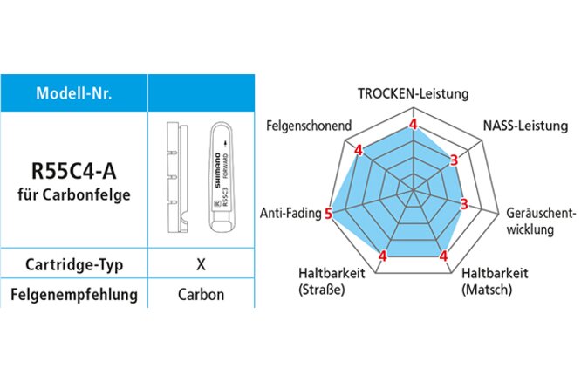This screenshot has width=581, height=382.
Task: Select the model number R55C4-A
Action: (x=73, y=168)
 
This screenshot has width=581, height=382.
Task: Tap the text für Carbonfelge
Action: (x=73, y=194)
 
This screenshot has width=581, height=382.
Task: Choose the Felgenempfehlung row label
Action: (x=73, y=294)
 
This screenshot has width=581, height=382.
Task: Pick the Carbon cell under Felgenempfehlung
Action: (x=201, y=294)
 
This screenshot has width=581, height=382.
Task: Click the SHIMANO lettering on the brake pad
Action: (x=215, y=169)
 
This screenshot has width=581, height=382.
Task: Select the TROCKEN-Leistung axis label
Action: (x=414, y=93)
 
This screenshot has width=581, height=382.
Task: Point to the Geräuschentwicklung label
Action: (x=541, y=221)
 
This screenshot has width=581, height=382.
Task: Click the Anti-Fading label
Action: (x=290, y=212)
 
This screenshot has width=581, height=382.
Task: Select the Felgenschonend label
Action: (x=308, y=126)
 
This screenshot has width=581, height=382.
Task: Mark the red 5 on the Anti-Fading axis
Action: (x=329, y=213)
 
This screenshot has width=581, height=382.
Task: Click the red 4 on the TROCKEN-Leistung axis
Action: (x=413, y=124)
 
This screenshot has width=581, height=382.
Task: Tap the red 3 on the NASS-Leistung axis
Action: (x=454, y=160)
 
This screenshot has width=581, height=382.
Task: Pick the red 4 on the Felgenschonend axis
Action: (x=358, y=150)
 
